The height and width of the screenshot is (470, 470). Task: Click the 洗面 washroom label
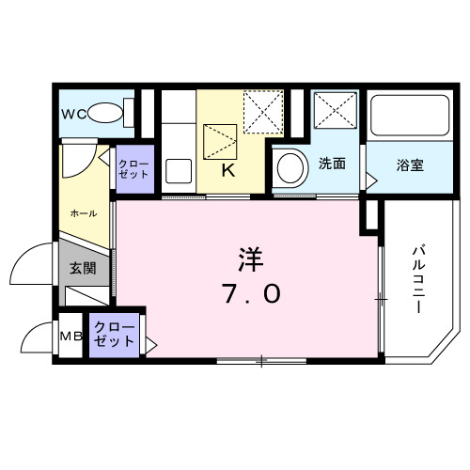click(332, 164)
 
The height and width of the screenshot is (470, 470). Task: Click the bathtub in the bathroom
click(408, 117)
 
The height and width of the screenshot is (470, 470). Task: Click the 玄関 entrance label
click(83, 268)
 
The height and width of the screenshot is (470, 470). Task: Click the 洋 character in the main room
click(250, 255)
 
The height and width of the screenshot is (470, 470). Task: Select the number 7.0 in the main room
click(249, 295)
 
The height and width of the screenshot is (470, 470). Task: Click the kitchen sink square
click(179, 173)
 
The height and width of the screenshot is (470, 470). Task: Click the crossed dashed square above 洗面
click(334, 113)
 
